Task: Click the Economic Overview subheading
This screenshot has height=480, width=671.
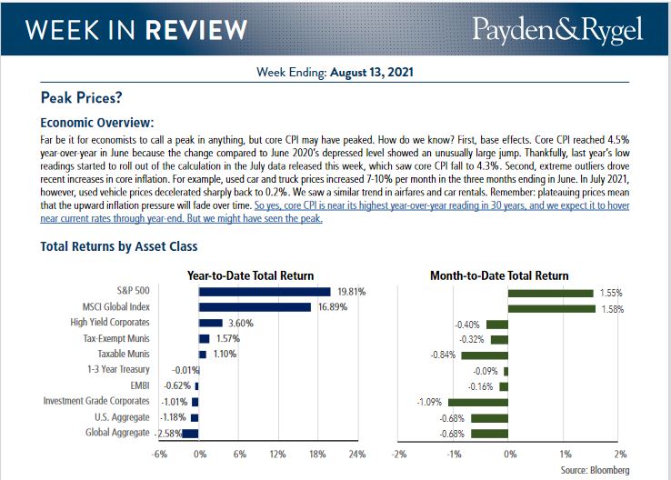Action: tap(98, 122)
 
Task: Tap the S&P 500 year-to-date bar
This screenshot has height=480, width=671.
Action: tap(265, 291)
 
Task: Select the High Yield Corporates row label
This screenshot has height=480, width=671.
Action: tap(110, 322)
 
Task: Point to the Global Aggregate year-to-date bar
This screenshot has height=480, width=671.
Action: tap(190, 433)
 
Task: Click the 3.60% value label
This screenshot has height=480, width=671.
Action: tap(239, 322)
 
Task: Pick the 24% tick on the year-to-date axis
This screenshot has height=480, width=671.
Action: tap(356, 454)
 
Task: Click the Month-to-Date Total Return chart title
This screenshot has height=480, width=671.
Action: tap(499, 275)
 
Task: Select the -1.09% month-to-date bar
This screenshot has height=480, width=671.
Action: tap(477, 401)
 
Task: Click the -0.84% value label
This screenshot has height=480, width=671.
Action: tap(444, 355)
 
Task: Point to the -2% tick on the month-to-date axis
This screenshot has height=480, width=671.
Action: tap(396, 454)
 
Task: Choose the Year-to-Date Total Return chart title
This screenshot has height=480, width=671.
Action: tap(250, 275)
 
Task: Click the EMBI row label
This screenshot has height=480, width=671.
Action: tap(139, 385)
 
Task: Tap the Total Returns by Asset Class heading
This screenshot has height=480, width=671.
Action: tap(119, 246)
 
